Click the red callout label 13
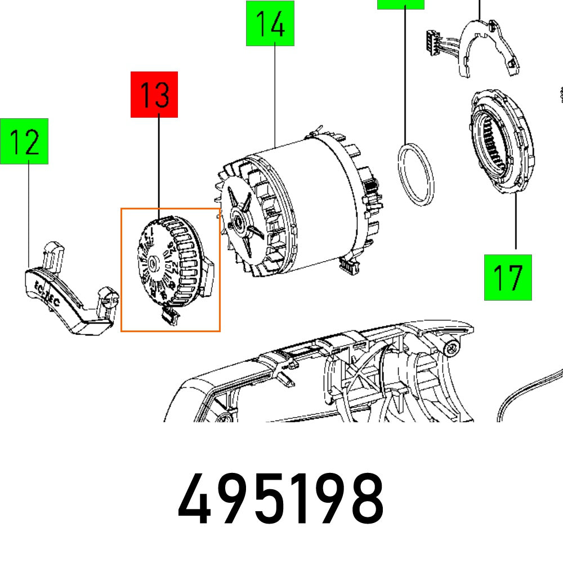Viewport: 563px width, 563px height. (154, 95)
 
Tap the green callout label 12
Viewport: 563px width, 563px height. (25, 141)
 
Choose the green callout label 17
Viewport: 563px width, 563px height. (508, 277)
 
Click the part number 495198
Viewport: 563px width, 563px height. (281, 499)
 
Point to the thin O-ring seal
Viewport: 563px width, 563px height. (417, 175)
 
